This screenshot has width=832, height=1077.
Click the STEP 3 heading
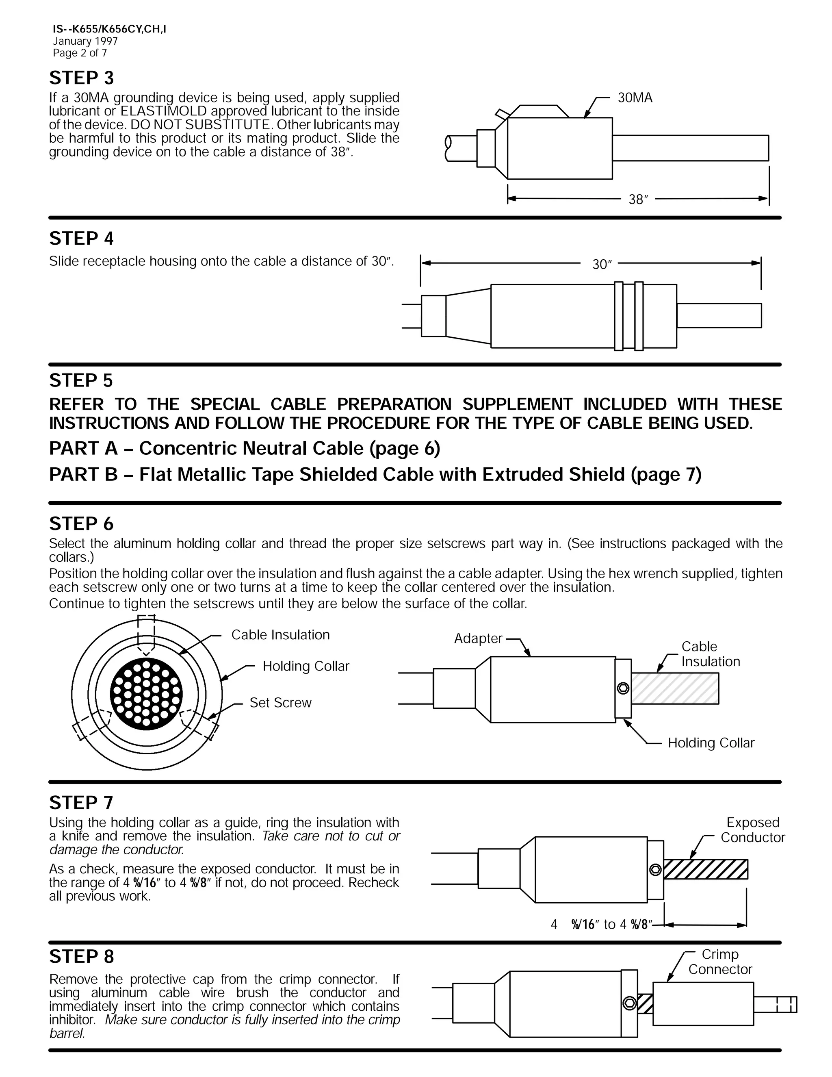tap(81, 78)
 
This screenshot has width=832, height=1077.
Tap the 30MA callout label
tap(635, 98)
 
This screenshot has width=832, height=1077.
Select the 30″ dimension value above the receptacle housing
tap(602, 265)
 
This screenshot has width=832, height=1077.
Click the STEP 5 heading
tap(81, 380)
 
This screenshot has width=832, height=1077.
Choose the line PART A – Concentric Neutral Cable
tap(245, 448)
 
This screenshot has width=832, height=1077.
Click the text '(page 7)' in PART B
tap(665, 474)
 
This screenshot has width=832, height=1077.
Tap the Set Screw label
tap(280, 703)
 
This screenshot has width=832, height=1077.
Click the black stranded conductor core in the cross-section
tap(146, 694)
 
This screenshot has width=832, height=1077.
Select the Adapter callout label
tap(478, 638)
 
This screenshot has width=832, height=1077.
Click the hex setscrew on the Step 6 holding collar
tap(623, 688)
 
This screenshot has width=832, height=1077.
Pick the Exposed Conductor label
tap(753, 830)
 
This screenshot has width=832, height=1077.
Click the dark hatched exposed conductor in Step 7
tap(705, 869)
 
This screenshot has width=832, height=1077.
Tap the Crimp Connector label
tap(720, 962)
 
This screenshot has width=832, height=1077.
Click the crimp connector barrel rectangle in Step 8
tap(703, 1003)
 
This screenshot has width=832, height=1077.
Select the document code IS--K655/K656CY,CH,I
tap(109, 29)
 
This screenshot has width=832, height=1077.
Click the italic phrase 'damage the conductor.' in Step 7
tap(117, 850)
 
